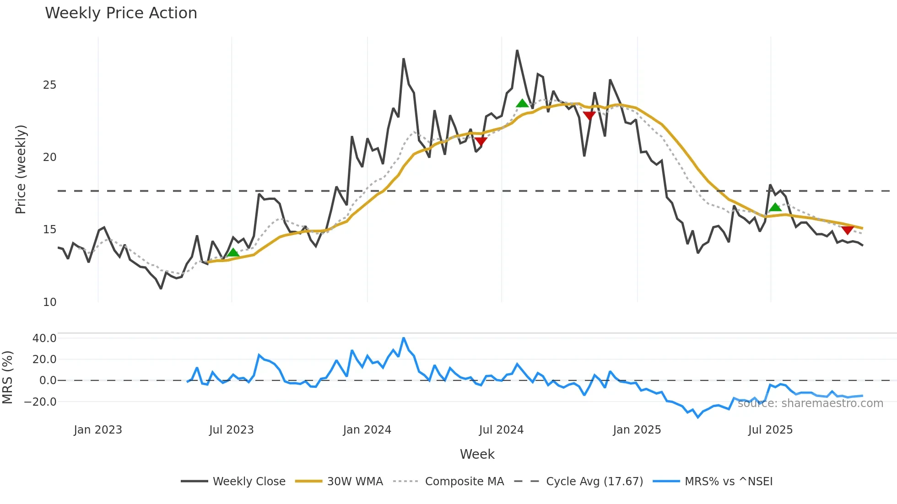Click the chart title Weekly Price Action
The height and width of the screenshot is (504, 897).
click(121, 13)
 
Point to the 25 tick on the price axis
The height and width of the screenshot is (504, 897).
click(49, 85)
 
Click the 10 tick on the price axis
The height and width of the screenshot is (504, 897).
click(49, 302)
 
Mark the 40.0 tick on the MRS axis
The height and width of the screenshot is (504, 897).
click(44, 338)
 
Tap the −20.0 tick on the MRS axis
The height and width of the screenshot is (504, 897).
click(41, 402)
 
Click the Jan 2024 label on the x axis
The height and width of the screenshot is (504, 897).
click(367, 430)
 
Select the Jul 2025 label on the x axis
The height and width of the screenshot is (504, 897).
click(770, 430)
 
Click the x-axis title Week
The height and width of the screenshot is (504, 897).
click(477, 454)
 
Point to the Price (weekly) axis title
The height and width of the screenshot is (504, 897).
click(21, 169)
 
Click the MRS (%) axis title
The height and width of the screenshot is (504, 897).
click(7, 377)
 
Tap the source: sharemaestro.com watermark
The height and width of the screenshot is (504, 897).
click(810, 403)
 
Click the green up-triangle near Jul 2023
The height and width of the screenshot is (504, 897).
click(233, 252)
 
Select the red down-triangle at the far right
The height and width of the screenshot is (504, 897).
click(847, 230)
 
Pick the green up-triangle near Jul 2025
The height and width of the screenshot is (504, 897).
click(775, 207)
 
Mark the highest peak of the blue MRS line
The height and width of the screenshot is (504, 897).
click(404, 338)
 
